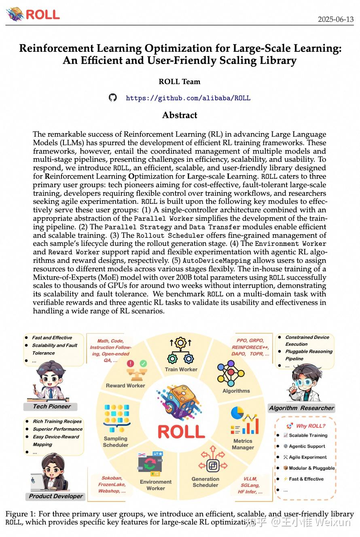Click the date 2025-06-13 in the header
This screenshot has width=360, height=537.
point(335,19)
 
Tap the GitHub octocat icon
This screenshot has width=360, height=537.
point(113,97)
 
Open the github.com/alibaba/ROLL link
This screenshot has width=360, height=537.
point(188,98)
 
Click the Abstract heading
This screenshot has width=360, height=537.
point(180,115)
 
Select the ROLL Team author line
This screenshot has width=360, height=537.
point(180,82)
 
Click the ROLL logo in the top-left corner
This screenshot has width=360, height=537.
point(33,14)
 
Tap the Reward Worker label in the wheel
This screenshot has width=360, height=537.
point(125,385)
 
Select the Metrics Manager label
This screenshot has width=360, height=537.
point(243,444)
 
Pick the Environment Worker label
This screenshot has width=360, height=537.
point(156,485)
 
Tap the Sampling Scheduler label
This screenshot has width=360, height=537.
point(116,442)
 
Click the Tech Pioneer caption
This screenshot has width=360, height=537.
point(52,406)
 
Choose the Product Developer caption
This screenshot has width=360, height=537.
point(56,496)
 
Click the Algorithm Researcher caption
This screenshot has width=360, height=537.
point(302,408)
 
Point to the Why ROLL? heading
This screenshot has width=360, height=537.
point(310,426)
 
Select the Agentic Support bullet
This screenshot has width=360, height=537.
point(307,446)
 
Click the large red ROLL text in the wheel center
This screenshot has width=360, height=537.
point(181,431)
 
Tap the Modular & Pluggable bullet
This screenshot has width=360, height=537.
point(311,468)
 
